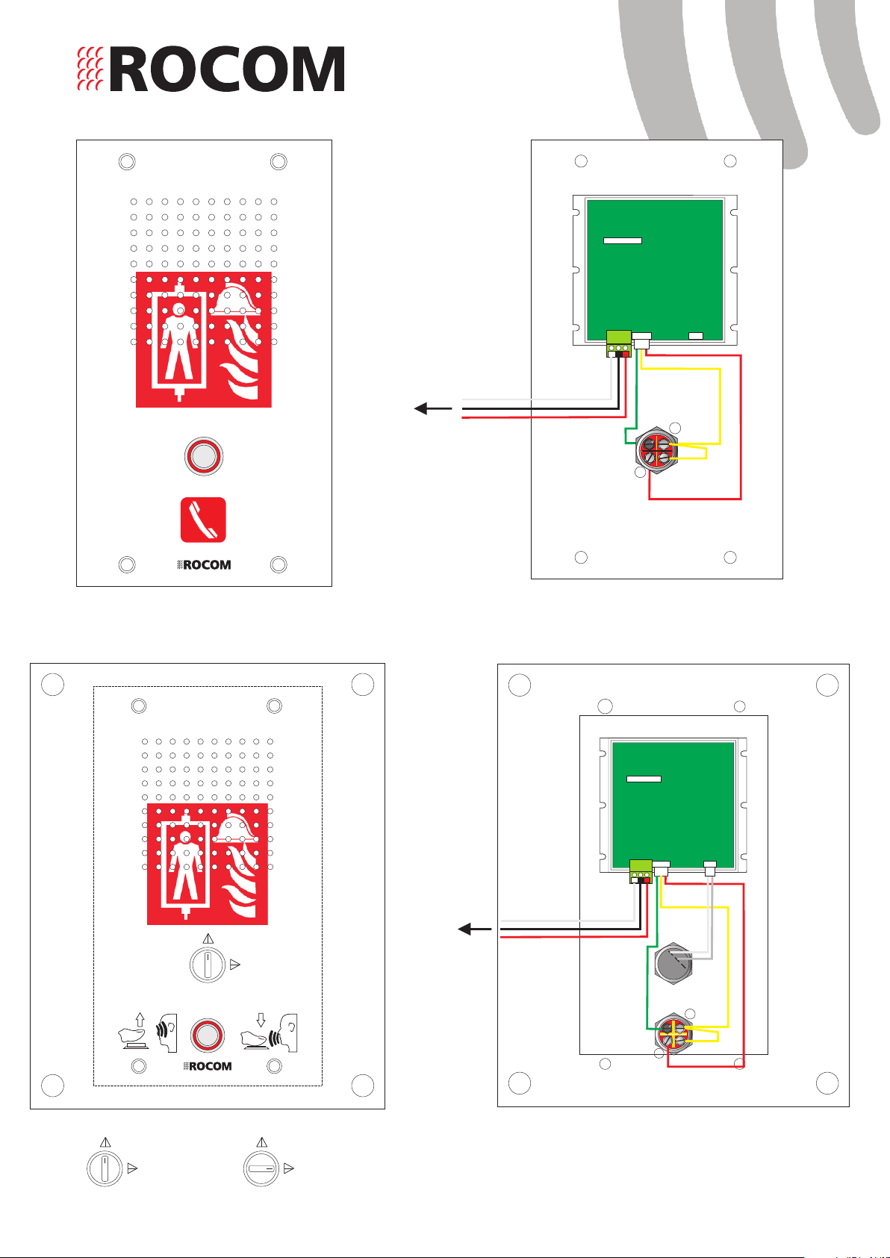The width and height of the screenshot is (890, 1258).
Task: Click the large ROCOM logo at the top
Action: [211, 69]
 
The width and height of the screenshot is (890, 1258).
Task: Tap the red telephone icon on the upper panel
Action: [203, 520]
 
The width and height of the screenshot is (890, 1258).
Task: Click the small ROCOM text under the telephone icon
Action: [204, 564]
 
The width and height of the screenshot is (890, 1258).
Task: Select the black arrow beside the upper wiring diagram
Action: [433, 408]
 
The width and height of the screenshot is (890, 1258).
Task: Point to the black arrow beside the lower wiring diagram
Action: [475, 929]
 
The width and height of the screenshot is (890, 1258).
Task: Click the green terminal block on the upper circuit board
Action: [619, 343]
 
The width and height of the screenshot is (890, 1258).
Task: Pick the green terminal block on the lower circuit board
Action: [641, 871]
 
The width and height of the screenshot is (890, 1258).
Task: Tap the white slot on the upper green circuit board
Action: [622, 241]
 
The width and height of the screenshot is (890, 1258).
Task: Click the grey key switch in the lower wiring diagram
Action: [673, 963]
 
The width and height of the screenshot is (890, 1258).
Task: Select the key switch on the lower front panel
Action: [208, 965]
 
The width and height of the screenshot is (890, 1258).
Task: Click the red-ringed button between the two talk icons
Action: [208, 1035]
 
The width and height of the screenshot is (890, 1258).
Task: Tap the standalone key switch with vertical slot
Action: [105, 1168]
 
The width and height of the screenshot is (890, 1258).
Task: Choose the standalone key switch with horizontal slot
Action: [261, 1168]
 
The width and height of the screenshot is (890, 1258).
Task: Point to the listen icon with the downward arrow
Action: [269, 1033]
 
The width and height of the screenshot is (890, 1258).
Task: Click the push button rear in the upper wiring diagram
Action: [656, 450]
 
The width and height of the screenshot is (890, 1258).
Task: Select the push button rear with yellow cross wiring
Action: [673, 1034]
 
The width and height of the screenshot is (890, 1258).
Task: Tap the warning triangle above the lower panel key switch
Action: [208, 938]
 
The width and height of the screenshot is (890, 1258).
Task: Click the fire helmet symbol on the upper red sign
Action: [237, 299]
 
